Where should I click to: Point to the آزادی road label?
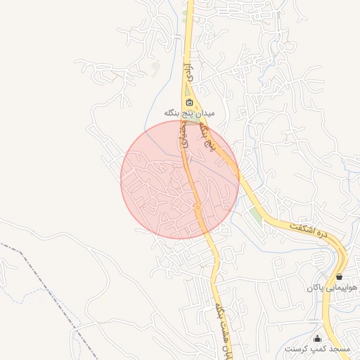(x=187, y=71)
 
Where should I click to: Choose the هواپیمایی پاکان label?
(x=332, y=288)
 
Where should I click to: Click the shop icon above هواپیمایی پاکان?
(x=340, y=277)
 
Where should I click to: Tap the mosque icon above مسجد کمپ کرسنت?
(x=317, y=338)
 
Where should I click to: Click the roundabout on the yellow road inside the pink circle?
(x=198, y=207)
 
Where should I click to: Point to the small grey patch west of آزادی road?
(x=155, y=68)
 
